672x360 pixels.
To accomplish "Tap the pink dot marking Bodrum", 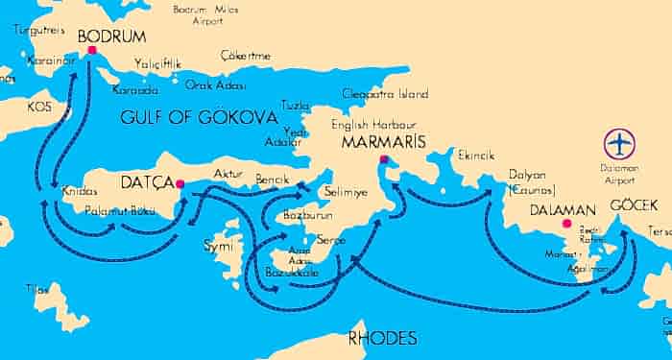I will [x=92, y=50].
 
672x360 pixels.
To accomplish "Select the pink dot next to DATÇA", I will [x=180, y=185].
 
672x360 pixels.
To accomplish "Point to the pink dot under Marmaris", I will [x=383, y=159].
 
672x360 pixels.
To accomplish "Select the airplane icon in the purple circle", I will [x=620, y=144].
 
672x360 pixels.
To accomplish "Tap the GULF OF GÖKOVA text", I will [x=200, y=117].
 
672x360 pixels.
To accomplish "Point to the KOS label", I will [x=38, y=106].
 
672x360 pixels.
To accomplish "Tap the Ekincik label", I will [x=475, y=155].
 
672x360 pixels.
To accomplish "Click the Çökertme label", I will [x=246, y=55].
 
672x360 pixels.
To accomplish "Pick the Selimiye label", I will [x=349, y=193].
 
